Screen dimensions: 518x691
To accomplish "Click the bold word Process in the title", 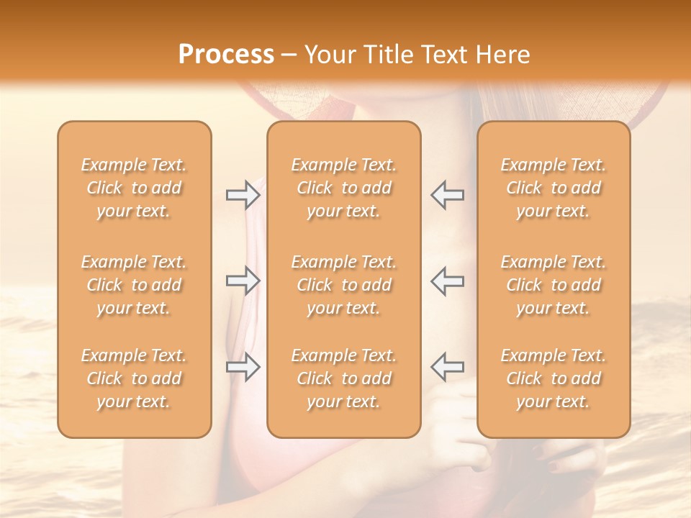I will (226, 55).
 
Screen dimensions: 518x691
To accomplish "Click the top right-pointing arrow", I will (243, 195).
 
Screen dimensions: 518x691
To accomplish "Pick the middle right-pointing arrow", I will (243, 281).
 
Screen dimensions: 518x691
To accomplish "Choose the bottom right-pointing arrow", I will (243, 367).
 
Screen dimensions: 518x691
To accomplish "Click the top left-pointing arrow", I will (447, 195).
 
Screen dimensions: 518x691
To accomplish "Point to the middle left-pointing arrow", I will (447, 281).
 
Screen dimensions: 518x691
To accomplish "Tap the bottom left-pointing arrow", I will (447, 367).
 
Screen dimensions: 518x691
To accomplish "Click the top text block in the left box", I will (134, 188).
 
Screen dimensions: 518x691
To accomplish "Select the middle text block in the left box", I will (134, 285).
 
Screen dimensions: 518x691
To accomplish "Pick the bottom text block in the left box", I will (134, 378).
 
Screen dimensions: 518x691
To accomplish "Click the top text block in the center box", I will (344, 188).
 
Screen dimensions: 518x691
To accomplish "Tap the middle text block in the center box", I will (344, 285).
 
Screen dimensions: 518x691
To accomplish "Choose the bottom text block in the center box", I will (344, 378).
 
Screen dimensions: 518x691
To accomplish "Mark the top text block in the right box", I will (554, 188).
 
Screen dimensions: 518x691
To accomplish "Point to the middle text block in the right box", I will (554, 285).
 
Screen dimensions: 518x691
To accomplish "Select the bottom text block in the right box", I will (554, 378).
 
